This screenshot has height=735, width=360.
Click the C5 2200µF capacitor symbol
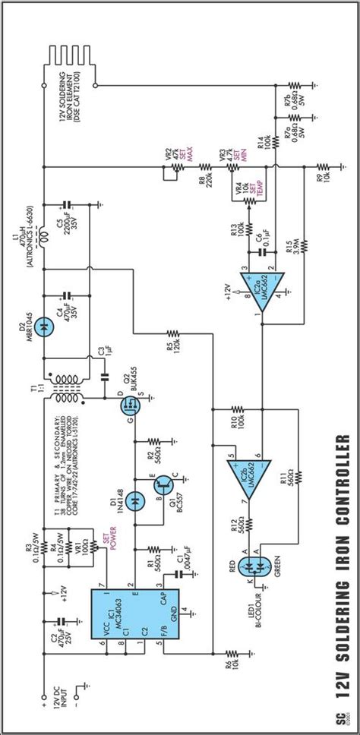coord(66,205)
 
